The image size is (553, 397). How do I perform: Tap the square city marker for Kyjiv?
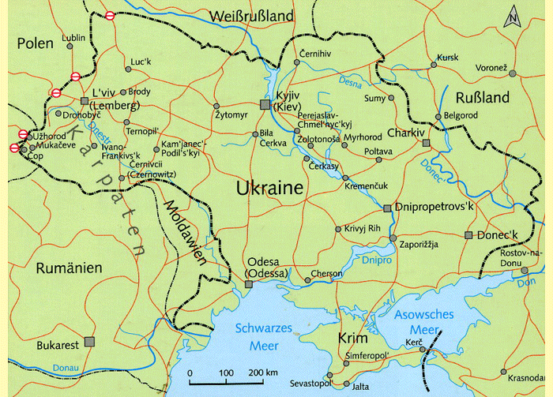pos(266,104)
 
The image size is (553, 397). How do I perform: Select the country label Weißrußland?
pos(251,16)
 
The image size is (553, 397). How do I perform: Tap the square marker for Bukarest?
pos(89,342)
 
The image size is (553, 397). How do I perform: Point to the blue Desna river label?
pos(353,81)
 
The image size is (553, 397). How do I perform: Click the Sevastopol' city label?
pos(311,383)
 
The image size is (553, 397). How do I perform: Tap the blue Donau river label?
pos(65,367)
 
